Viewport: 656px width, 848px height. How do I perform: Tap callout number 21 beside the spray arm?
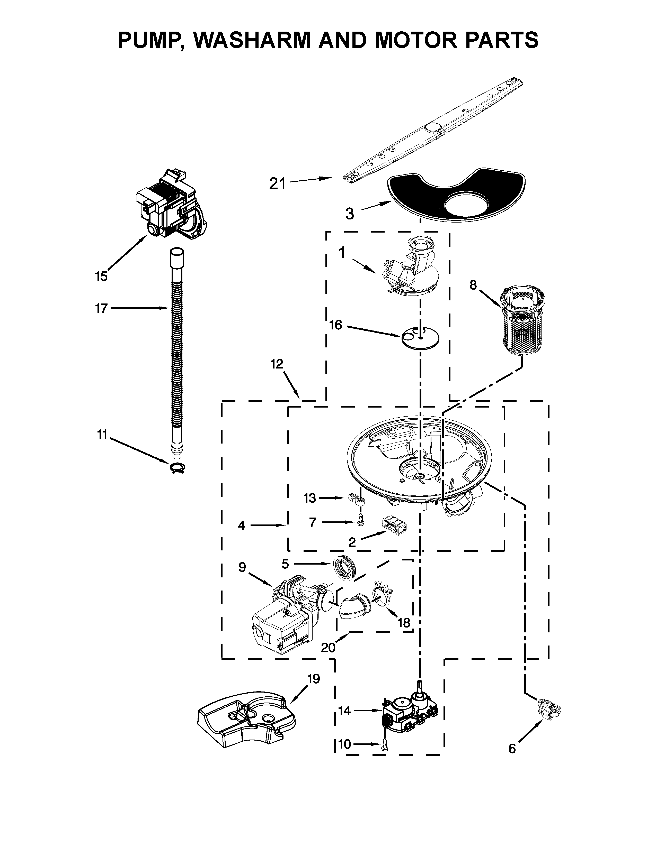[x=278, y=184]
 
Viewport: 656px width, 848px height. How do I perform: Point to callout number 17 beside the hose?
[x=101, y=308]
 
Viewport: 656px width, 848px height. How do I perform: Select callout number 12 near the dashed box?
[x=277, y=364]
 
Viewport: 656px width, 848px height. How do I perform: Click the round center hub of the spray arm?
[x=433, y=128]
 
